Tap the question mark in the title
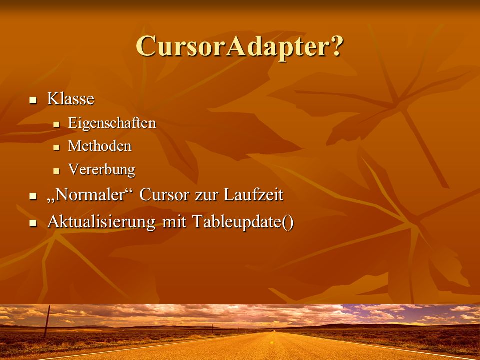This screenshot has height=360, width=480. click(x=336, y=45)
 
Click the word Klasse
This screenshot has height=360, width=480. click(x=70, y=99)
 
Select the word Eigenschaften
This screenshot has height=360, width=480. click(x=112, y=123)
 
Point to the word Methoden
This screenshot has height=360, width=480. click(x=100, y=146)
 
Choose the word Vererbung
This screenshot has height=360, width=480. click(x=101, y=169)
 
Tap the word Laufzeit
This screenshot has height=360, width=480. click(x=253, y=194)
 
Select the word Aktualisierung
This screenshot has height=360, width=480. click(x=101, y=221)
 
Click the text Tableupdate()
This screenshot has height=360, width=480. click(x=243, y=221)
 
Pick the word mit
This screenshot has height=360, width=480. click(x=174, y=221)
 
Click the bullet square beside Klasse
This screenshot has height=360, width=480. click(x=33, y=100)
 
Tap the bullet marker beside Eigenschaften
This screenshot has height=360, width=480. click(x=56, y=124)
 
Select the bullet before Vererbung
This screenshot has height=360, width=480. click(x=56, y=171)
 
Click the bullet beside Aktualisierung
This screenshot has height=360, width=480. click(x=33, y=223)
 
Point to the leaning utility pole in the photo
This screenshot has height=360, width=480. click(x=47, y=321)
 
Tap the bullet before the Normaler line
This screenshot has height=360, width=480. click(x=33, y=196)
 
